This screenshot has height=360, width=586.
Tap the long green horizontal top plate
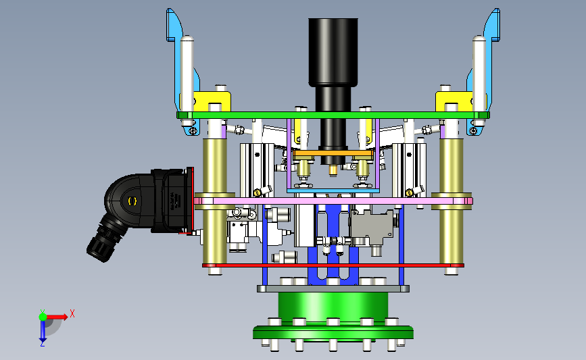click(x=333, y=115)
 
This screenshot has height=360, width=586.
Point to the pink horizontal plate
click(x=333, y=201)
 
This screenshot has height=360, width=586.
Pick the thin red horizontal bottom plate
click(x=333, y=265)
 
